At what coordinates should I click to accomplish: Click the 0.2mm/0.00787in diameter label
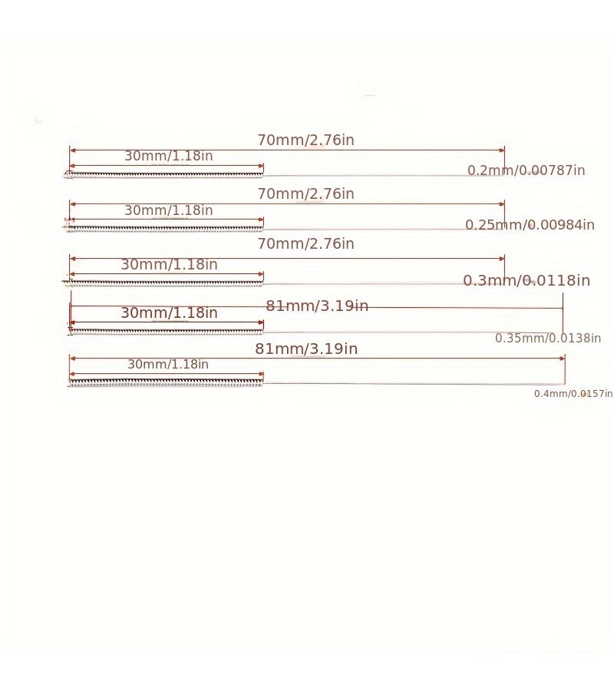(x=527, y=170)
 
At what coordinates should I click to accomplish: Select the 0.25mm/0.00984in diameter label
(x=530, y=225)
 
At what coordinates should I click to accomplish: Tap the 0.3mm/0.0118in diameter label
(x=527, y=280)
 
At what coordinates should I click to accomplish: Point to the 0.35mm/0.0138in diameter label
(x=548, y=338)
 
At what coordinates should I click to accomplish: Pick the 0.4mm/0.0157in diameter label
(x=573, y=394)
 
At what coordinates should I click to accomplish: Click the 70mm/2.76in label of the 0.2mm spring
(x=305, y=140)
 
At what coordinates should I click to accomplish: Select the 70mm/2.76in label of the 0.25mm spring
(x=305, y=194)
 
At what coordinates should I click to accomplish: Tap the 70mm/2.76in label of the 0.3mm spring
(x=305, y=243)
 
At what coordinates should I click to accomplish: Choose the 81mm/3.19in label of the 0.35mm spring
(x=317, y=306)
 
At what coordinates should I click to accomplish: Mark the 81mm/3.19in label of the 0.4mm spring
(x=306, y=349)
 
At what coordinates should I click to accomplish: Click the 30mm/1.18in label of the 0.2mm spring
(x=169, y=156)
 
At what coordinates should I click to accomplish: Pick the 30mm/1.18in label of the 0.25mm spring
(x=169, y=210)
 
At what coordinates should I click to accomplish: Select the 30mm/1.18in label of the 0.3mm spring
(x=169, y=264)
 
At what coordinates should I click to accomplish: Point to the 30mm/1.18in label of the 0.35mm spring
(x=169, y=313)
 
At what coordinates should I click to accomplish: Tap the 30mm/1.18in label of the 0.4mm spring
(x=168, y=364)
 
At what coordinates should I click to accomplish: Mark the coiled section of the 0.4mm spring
(x=166, y=382)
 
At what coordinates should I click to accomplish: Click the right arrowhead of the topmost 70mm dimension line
(x=502, y=150)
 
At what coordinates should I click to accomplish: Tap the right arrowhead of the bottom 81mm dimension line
(x=563, y=359)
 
